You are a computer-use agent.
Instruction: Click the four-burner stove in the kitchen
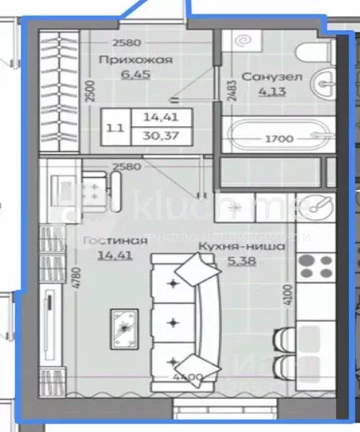(x=315, y=266)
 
